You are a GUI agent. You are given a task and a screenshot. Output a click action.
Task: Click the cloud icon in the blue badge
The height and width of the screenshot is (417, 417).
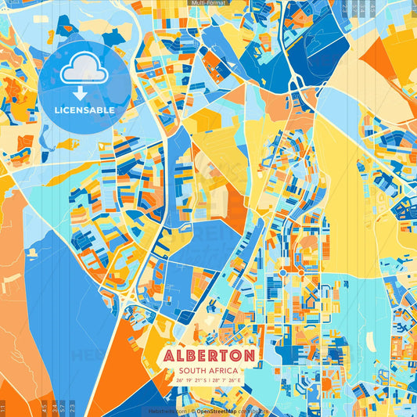pos(84,71)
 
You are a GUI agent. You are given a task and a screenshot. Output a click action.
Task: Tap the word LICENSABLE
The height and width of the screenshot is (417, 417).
pos(84,110)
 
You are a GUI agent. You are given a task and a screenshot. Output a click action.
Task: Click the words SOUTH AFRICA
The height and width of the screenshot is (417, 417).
pos(209,371)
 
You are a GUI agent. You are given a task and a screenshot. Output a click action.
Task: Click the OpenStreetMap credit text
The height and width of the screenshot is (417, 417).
pos(218,411)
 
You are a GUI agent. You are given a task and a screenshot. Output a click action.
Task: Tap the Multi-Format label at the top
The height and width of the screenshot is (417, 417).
pos(208,3)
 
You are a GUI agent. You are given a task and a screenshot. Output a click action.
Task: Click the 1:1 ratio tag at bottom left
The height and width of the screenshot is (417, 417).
pos(3,407)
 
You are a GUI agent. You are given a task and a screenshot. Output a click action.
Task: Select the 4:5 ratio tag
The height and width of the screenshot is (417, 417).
pos(43,407)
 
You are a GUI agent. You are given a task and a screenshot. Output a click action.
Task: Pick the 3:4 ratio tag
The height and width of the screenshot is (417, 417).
pos(52,407)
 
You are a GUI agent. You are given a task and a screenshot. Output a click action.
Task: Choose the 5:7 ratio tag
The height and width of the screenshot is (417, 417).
pos(62,407)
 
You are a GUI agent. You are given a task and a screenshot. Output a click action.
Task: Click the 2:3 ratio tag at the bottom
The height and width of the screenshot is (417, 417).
pos(72,407)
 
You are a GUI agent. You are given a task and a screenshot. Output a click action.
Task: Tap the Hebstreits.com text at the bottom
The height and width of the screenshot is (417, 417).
pos(167,411)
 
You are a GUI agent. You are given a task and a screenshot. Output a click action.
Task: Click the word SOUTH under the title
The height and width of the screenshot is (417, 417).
pos(192,371)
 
